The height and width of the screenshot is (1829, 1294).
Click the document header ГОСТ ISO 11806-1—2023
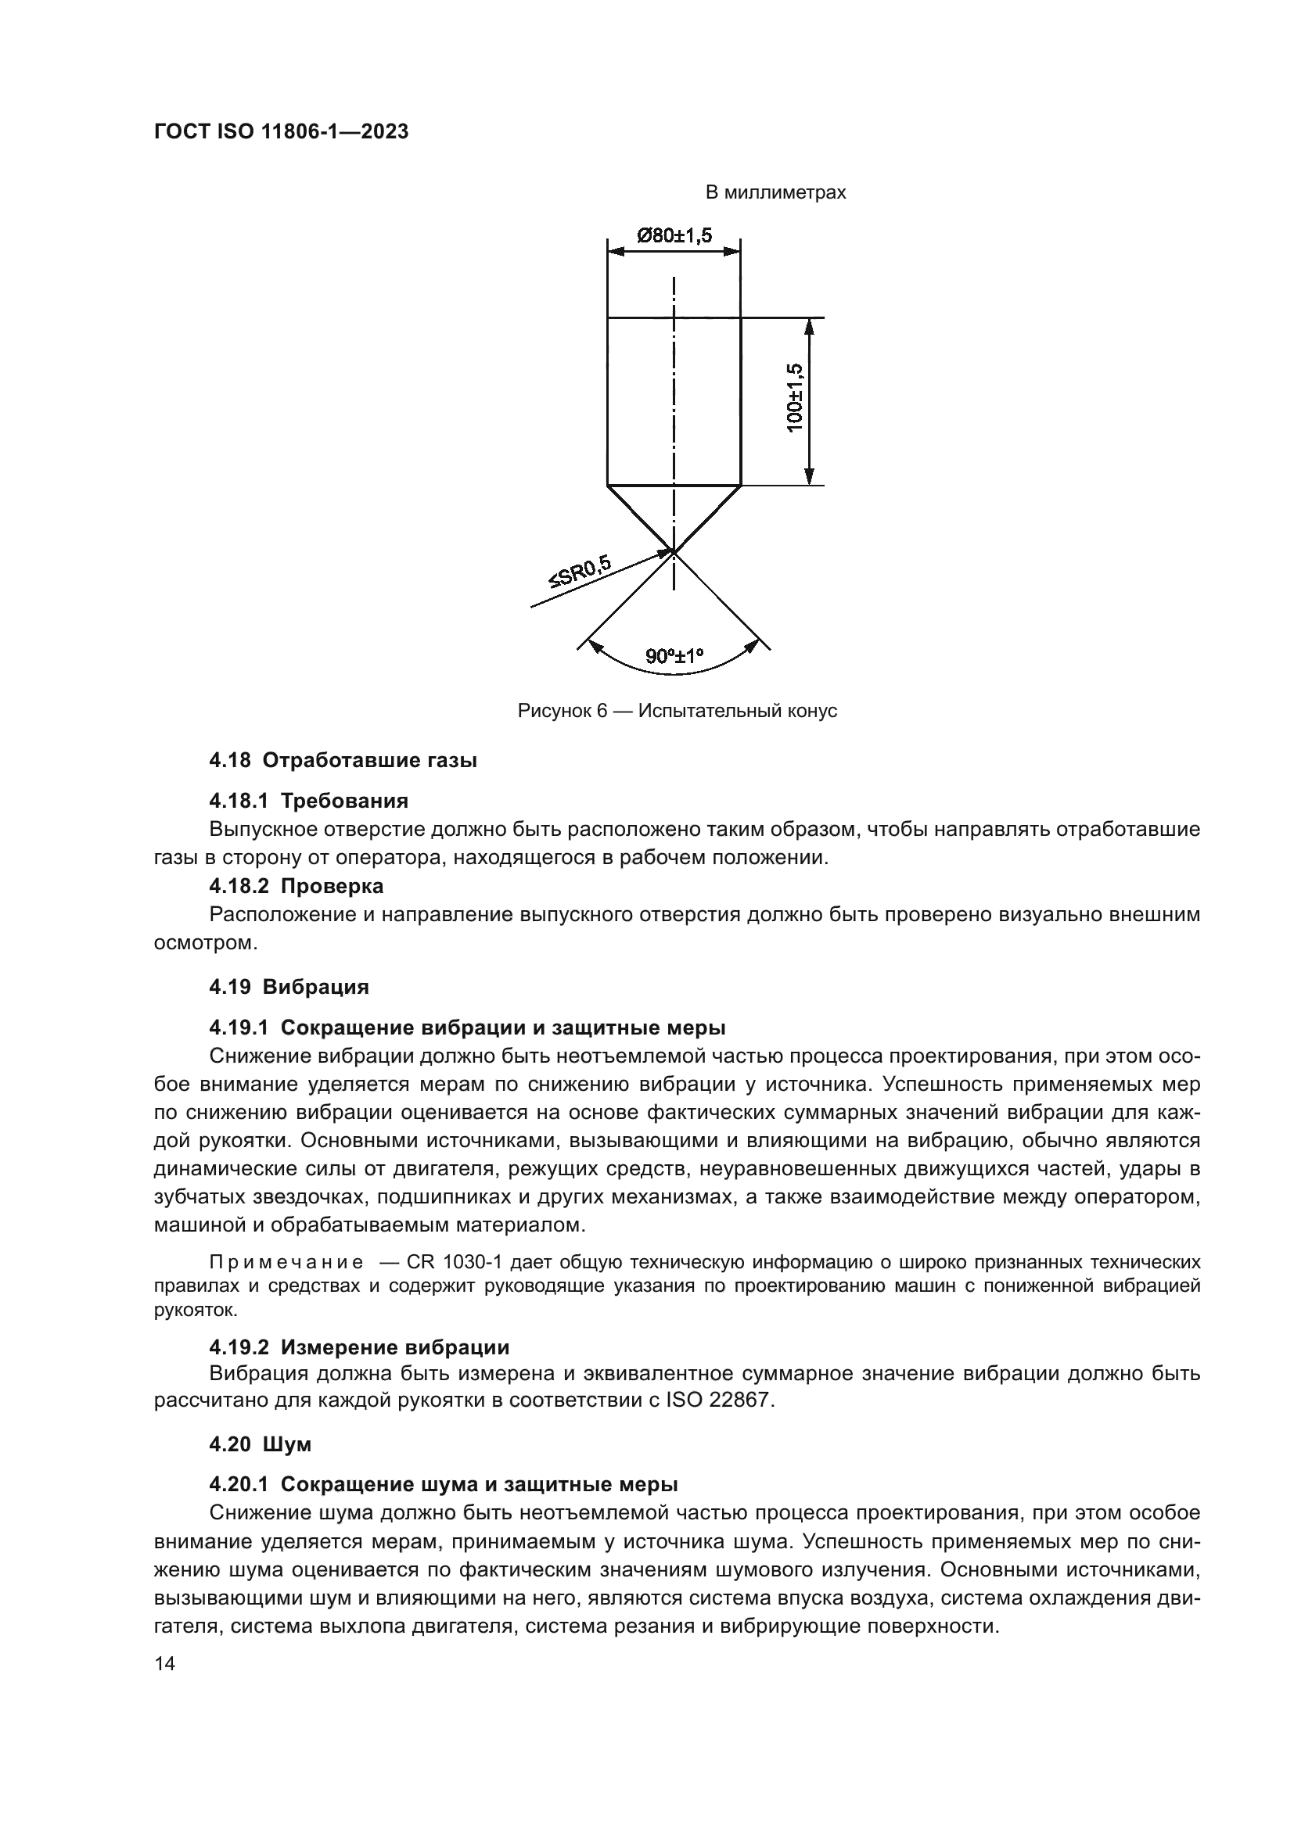tap(281, 132)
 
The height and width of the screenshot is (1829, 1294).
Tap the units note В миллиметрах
tap(775, 193)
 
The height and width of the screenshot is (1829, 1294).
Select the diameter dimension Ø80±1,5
tap(674, 236)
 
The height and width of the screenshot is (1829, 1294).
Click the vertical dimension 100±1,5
tap(795, 398)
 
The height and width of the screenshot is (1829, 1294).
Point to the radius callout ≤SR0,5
tap(579, 571)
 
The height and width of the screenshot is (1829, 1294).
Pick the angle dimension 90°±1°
tap(675, 656)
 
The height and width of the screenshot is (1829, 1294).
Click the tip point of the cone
tap(674, 550)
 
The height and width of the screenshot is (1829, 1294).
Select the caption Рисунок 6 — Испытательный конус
tap(677, 711)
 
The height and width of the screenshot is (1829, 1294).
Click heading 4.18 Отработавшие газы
tap(343, 761)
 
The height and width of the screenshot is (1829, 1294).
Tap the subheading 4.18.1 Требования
tap(308, 801)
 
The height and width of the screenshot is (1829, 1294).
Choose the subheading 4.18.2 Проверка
tap(296, 886)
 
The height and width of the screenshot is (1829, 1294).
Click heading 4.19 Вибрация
tap(289, 987)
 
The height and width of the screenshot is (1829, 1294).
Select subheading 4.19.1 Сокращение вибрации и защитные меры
tap(467, 1027)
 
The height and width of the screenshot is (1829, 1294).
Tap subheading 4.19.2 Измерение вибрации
tap(358, 1347)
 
